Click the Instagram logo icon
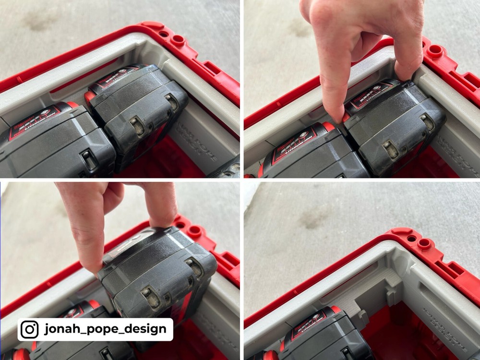pyautogui.click(x=29, y=329)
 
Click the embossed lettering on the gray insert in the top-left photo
pyautogui.click(x=192, y=139)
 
